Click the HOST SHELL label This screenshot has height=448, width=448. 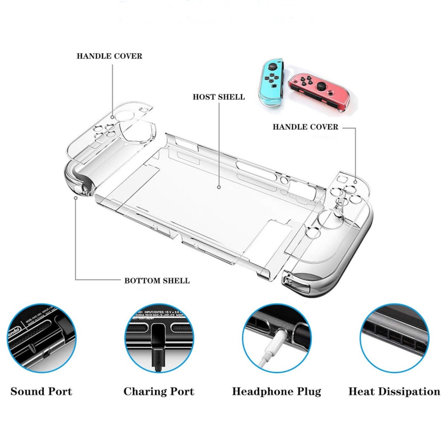(218, 97)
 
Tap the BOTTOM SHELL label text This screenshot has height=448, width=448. (157, 281)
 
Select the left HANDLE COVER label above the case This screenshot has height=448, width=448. (109, 56)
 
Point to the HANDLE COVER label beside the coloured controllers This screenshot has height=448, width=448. (305, 127)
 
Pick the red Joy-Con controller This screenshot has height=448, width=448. (321, 90)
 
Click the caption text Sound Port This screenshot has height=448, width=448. (41, 392)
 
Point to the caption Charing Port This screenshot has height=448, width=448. (159, 392)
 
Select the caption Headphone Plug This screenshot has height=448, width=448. (276, 392)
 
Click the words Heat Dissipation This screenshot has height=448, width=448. (394, 392)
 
